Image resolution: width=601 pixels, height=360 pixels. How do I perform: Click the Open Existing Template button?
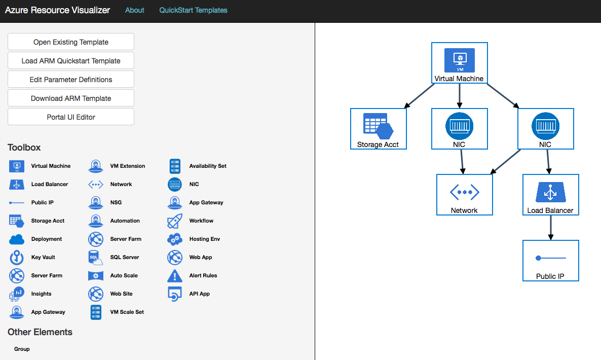coord(71,42)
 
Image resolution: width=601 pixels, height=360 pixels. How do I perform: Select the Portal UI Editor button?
coord(71,117)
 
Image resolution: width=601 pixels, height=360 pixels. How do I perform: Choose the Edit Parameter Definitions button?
coord(71,80)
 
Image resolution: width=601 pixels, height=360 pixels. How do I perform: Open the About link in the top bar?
coord(135,10)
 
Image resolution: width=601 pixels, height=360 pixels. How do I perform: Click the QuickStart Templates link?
coord(193,10)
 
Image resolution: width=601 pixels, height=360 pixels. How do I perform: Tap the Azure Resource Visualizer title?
coord(57,10)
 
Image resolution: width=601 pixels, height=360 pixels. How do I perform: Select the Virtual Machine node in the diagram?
coord(459,63)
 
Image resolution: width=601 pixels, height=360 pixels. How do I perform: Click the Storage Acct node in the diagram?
coord(378,129)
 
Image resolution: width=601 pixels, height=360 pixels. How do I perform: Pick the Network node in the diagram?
coord(464,195)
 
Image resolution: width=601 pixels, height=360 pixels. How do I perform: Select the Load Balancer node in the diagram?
coord(550,195)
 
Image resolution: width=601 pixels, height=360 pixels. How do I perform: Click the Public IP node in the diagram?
coord(550,261)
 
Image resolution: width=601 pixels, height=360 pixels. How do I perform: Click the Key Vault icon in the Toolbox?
coord(17,258)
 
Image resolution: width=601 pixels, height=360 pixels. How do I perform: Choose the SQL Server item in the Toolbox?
coord(124,258)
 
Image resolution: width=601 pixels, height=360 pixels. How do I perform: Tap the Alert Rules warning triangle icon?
coord(175,276)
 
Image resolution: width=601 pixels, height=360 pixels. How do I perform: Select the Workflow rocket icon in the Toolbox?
coord(175,221)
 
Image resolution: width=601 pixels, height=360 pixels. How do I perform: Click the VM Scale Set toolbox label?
coord(127,312)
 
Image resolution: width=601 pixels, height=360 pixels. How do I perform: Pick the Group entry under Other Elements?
coord(22,349)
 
